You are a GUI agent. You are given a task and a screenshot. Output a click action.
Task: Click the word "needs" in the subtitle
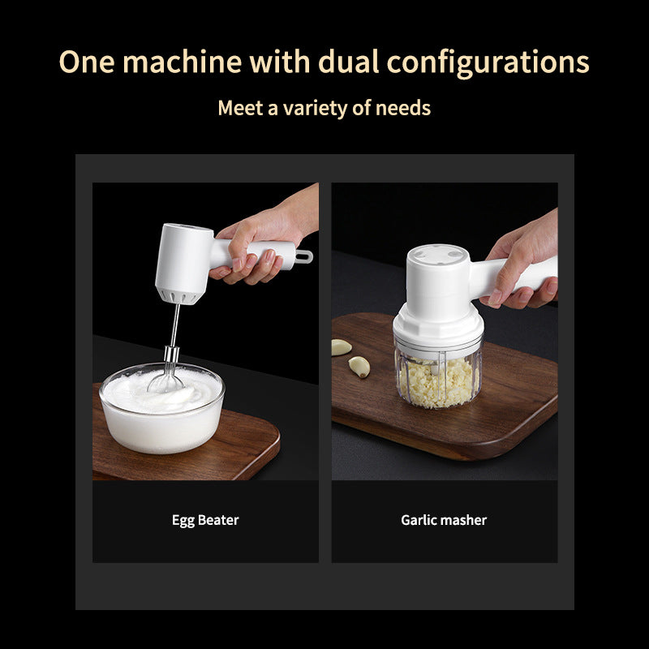pos(403,107)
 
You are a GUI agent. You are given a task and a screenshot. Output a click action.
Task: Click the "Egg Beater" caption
pos(205,520)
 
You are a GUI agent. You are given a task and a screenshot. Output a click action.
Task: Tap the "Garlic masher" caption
pos(444,520)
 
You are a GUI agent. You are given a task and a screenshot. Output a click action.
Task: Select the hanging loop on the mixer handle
pos(303,257)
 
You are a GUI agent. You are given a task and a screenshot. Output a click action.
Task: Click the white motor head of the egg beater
pos(182,263)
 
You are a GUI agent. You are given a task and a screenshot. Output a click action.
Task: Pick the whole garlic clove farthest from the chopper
pos(341,346)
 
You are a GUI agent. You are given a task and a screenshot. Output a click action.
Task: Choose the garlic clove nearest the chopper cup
pos(359,367)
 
